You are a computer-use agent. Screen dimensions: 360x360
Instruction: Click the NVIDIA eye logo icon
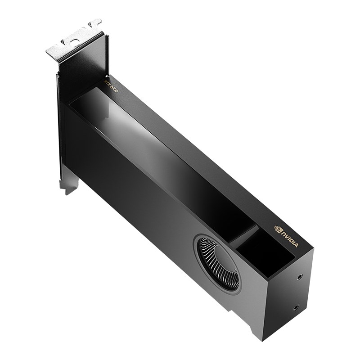pyautogui.click(x=278, y=229)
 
